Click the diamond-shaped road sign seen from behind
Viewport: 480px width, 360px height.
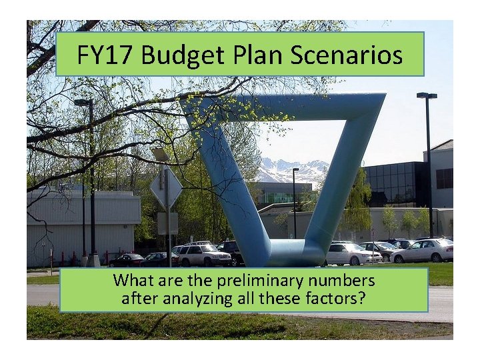pyautogui.click(x=166, y=188)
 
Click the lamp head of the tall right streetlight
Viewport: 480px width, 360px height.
pyautogui.click(x=427, y=96)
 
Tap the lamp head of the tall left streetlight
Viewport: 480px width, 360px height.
pyautogui.click(x=83, y=103)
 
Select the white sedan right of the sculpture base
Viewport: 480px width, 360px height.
pyautogui.click(x=349, y=254)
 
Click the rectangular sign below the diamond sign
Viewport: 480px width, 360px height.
pyautogui.click(x=167, y=223)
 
